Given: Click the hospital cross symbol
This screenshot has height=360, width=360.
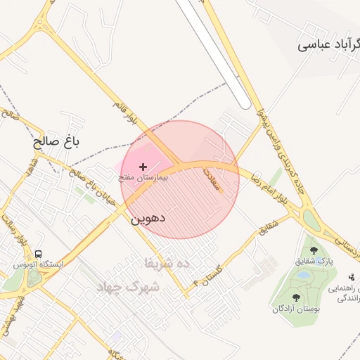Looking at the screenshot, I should (x=143, y=167).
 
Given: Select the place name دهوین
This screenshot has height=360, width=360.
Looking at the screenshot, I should (x=148, y=219).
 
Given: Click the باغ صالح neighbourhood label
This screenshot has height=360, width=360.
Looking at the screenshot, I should (x=57, y=141).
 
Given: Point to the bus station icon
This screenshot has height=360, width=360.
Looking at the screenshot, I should (x=38, y=254).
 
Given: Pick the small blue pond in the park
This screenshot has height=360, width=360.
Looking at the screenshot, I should (x=302, y=276).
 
